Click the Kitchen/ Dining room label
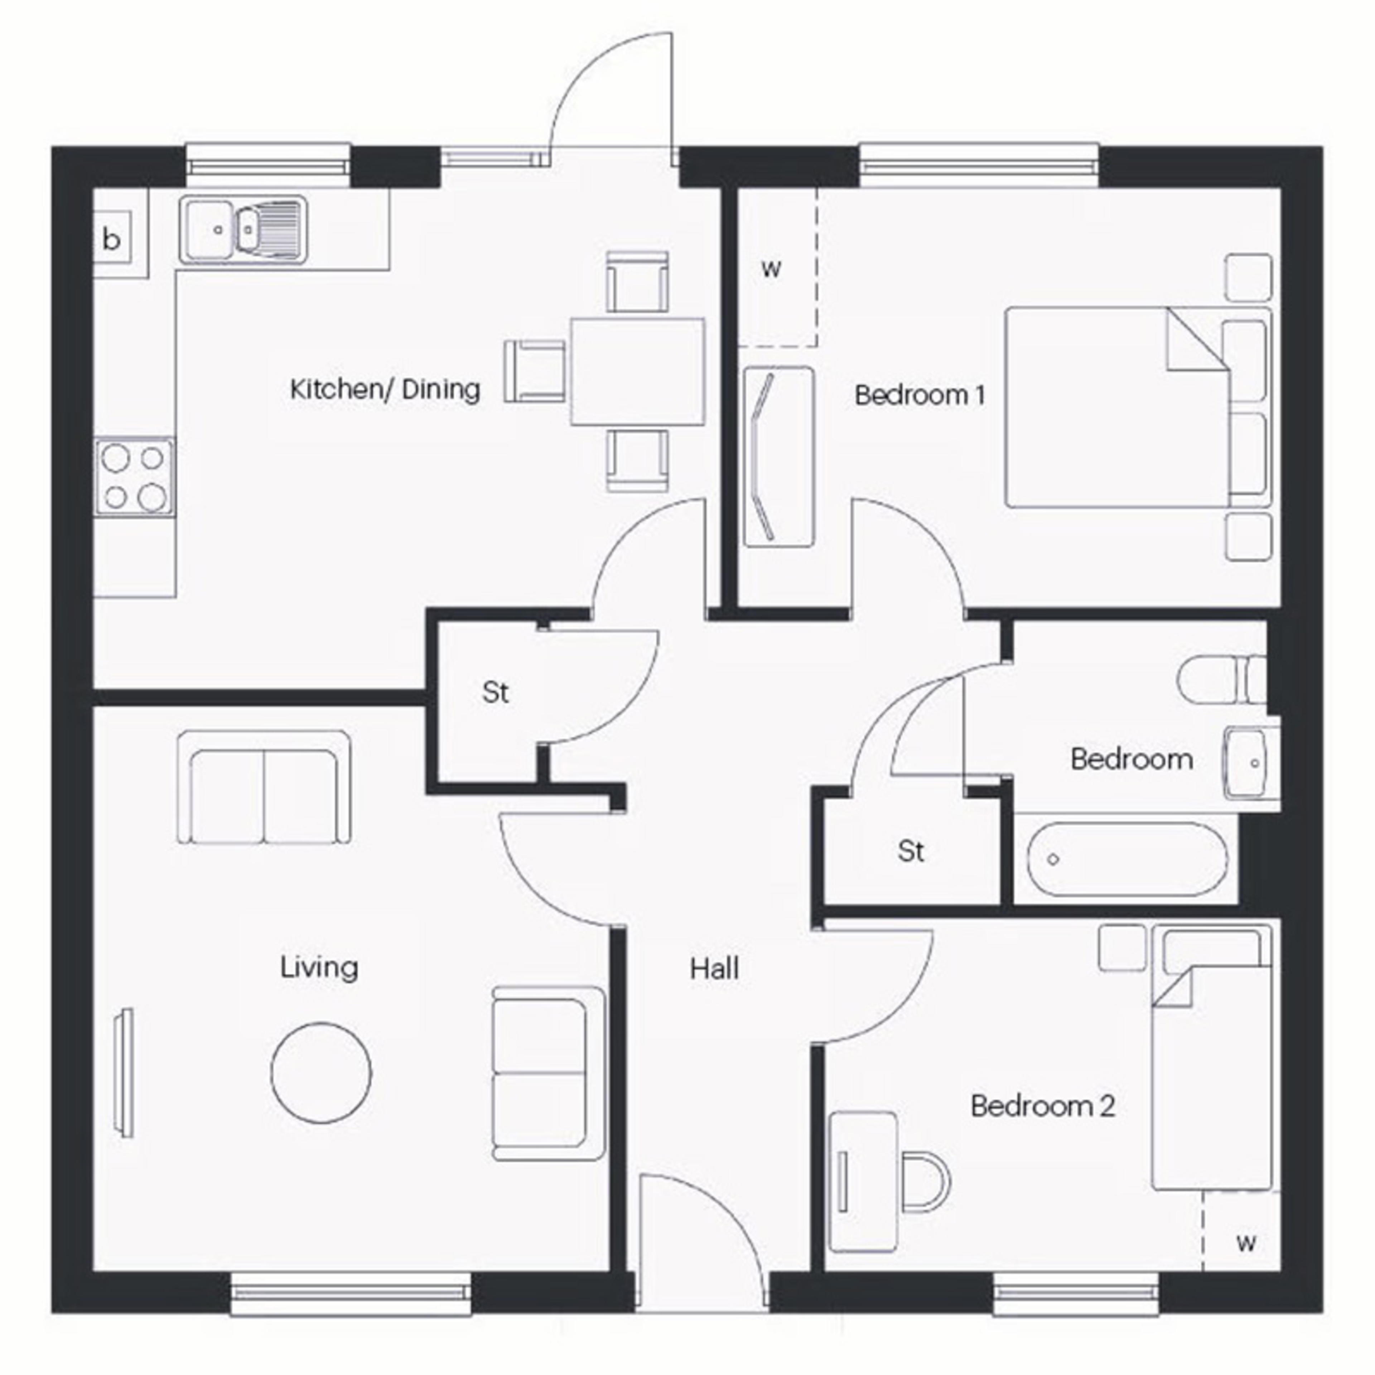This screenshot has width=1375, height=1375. pyautogui.click(x=385, y=390)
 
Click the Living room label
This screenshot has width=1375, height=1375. pyautogui.click(x=319, y=967)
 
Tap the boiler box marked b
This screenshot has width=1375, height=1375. pyautogui.click(x=112, y=240)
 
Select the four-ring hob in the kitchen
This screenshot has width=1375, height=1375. pyautogui.click(x=135, y=477)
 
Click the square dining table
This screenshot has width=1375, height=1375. pyautogui.click(x=638, y=372)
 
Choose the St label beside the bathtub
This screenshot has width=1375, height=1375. pyautogui.click(x=911, y=851)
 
